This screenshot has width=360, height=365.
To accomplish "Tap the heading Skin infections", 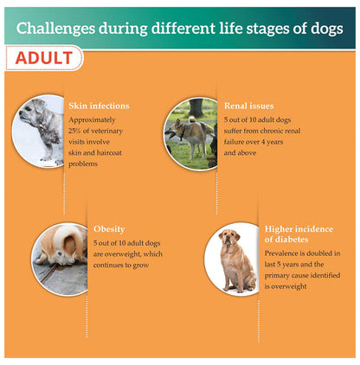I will [99, 106].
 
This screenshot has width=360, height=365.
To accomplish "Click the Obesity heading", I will [109, 230].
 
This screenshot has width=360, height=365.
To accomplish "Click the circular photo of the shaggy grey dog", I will [41, 131].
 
